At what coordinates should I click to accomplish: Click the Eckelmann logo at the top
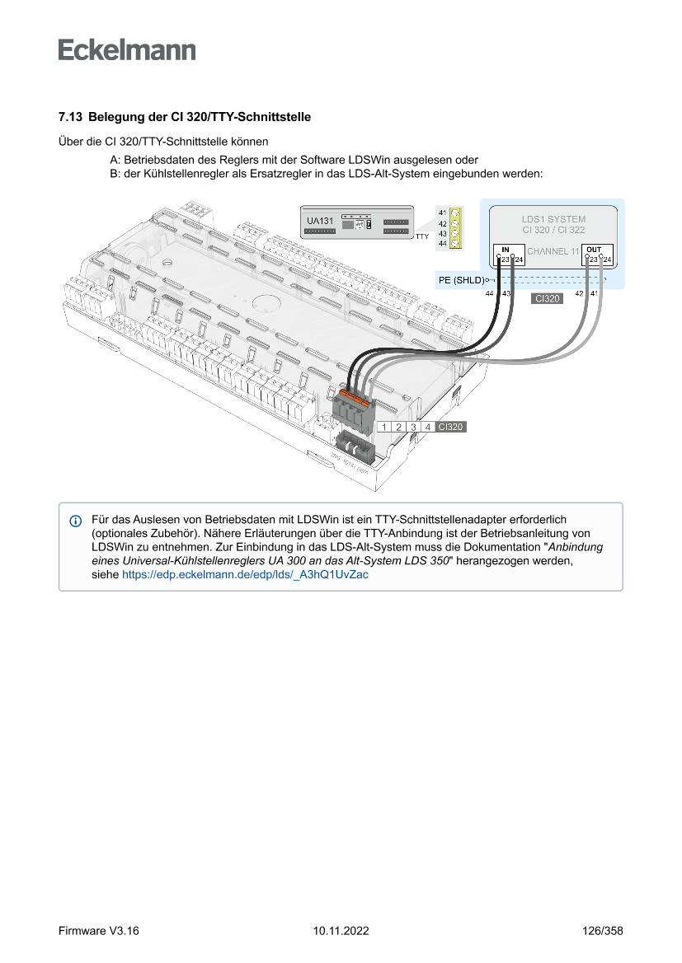(x=127, y=49)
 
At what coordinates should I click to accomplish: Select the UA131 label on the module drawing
(x=320, y=221)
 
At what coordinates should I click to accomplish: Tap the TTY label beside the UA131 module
(x=422, y=236)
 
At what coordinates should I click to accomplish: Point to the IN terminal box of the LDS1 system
(x=508, y=255)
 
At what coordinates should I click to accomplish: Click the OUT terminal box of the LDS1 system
(x=597, y=255)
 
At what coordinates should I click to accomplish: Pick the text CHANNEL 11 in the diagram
(x=553, y=250)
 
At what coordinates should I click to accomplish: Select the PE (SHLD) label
(x=461, y=281)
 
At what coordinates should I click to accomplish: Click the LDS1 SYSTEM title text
(x=553, y=219)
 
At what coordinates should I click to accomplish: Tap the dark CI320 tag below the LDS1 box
(x=548, y=299)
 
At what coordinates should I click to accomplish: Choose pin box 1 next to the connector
(x=384, y=427)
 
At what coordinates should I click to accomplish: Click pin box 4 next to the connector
(x=427, y=427)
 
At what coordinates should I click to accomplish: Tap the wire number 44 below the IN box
(x=490, y=294)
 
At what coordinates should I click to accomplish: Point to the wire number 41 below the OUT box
(x=594, y=294)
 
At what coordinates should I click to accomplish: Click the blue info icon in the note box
(x=76, y=521)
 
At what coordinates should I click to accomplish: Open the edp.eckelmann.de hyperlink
(x=245, y=575)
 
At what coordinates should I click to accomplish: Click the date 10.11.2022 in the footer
(x=341, y=931)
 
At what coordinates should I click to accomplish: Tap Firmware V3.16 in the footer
(x=99, y=931)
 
